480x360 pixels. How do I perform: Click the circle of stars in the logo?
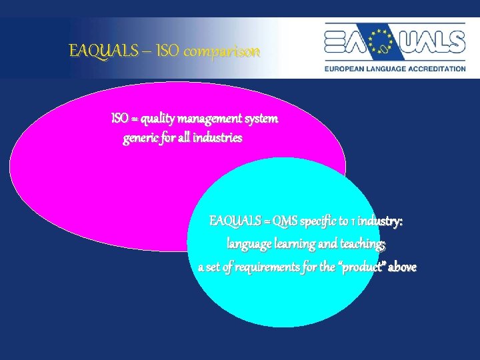[383, 41]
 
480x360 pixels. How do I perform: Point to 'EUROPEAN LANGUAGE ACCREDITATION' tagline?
[395, 69]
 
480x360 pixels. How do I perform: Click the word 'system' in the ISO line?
[261, 119]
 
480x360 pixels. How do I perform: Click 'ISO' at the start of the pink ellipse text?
[120, 119]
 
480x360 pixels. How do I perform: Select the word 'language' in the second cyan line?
[250, 244]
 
